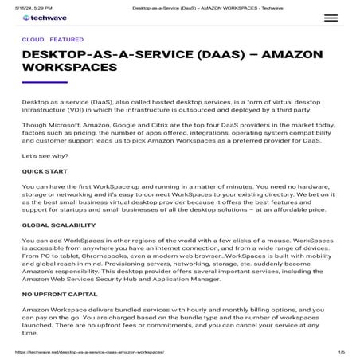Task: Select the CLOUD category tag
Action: pos(33,39)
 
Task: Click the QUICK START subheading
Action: pos(45,170)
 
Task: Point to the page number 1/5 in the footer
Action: pos(341,351)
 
